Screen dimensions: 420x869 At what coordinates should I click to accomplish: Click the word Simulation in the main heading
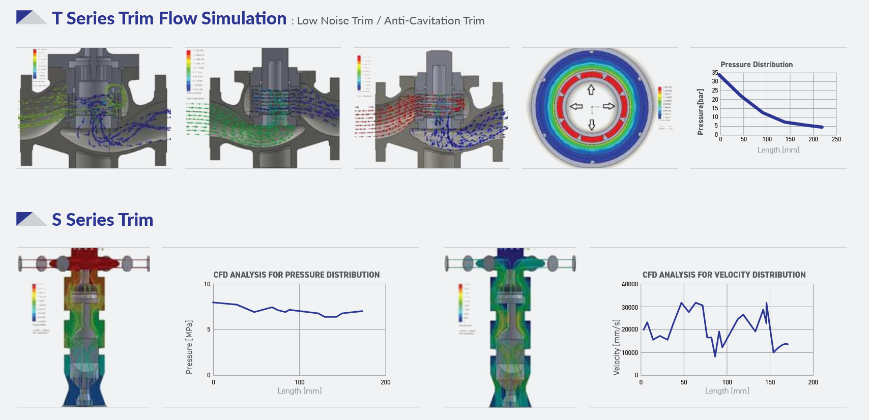tap(244, 18)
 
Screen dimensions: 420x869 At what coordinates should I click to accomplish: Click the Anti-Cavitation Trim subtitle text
tap(434, 21)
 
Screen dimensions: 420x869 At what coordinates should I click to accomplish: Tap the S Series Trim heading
tap(102, 220)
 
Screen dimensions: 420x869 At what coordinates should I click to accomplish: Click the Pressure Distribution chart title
tap(757, 65)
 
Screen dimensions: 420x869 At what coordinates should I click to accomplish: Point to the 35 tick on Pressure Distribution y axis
tap(715, 73)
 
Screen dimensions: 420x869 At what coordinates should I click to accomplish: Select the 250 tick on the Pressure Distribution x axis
tap(836, 139)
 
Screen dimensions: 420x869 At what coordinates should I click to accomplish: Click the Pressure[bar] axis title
tap(701, 112)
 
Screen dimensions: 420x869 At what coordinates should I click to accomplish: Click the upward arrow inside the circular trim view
tap(591, 90)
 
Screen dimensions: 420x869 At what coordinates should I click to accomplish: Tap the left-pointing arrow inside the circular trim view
tap(576, 106)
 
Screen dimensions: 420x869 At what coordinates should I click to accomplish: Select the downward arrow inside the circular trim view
tap(592, 125)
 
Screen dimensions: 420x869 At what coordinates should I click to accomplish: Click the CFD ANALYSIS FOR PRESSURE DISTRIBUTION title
tap(296, 275)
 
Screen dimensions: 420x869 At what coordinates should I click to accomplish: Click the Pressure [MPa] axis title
tap(189, 347)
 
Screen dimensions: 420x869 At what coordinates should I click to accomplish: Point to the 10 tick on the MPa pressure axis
tap(207, 284)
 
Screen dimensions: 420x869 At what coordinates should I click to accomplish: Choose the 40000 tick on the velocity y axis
tap(629, 284)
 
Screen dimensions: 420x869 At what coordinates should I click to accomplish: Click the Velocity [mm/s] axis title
tap(617, 347)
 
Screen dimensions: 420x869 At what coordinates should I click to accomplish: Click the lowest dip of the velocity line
tap(715, 356)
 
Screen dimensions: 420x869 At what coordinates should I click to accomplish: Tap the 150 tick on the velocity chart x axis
tap(770, 382)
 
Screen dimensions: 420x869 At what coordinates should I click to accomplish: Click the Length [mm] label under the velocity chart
tap(727, 391)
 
